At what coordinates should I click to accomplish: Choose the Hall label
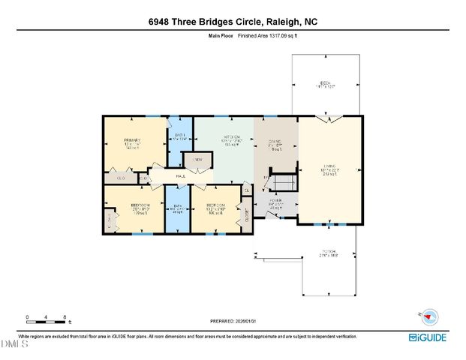click(182, 177)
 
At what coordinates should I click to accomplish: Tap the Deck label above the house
click(324, 82)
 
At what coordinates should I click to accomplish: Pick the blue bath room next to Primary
click(180, 138)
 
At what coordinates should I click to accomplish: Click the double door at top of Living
click(329, 119)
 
